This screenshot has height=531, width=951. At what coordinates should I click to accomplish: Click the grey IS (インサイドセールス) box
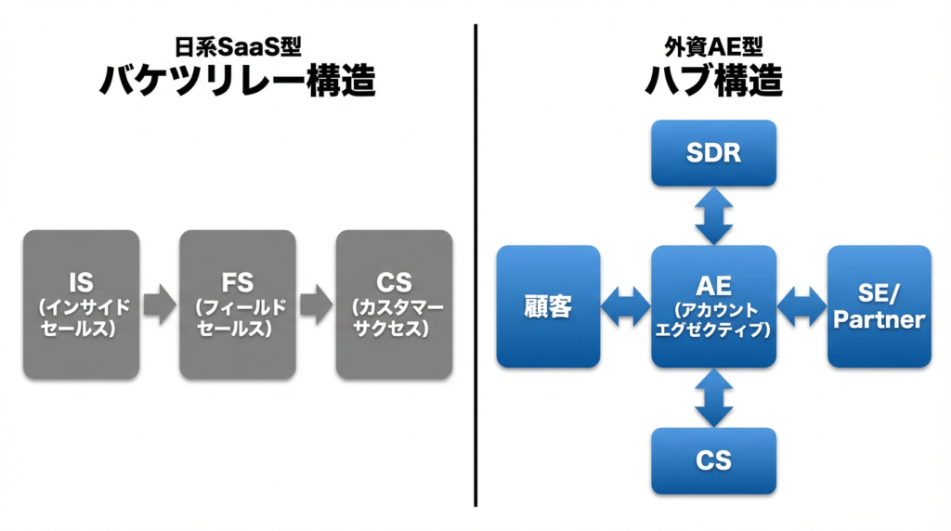(81, 304)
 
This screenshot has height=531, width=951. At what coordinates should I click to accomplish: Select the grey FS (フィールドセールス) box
(238, 304)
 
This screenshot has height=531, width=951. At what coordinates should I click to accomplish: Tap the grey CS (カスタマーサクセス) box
(395, 304)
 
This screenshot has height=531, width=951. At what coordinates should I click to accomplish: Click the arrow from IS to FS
(160, 305)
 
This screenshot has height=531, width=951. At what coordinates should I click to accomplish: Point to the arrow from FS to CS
(317, 305)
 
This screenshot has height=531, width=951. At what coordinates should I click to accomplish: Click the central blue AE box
(713, 306)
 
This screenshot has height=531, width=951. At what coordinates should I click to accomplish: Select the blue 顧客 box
(548, 306)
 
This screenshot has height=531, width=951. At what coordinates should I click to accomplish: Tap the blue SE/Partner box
(879, 306)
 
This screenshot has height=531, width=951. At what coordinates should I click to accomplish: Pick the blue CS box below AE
(713, 460)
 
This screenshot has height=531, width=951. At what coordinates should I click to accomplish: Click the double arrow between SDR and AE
(713, 215)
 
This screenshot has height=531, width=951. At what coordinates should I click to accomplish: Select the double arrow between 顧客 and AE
(626, 306)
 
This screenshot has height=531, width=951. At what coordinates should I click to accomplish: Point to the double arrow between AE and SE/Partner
(801, 306)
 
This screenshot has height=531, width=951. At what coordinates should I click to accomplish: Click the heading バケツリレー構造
(238, 81)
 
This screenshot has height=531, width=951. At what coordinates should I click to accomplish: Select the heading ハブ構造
(713, 81)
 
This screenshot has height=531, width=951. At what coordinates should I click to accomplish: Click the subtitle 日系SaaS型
(238, 44)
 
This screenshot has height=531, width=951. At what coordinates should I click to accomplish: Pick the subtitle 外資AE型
(713, 44)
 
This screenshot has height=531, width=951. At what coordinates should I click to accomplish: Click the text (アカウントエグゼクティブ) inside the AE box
(713, 319)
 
